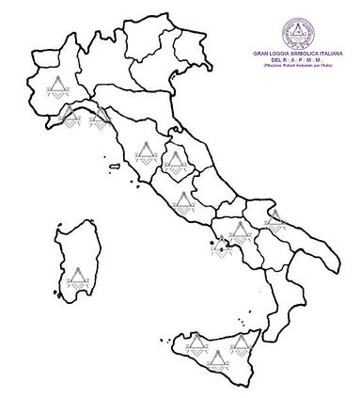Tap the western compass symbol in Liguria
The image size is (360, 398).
69,115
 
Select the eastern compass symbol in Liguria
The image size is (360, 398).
97,119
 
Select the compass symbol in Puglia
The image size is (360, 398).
274,220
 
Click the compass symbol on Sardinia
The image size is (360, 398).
75,277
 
